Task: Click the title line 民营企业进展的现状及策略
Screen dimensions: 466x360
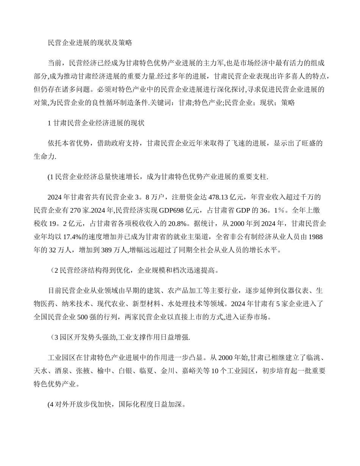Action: [x=90, y=43]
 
